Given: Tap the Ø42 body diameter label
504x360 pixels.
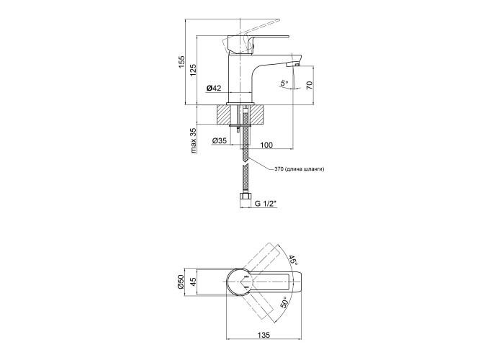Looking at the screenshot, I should [x=213, y=88].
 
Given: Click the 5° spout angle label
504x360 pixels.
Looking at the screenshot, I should [x=284, y=84].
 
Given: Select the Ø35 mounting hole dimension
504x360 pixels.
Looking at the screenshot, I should [x=220, y=141].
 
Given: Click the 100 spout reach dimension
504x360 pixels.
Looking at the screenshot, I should [x=266, y=145].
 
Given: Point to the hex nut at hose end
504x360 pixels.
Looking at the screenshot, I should [x=245, y=197].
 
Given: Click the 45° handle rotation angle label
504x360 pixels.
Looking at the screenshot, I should [x=292, y=260].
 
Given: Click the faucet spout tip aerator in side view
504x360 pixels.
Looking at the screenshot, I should [x=292, y=65].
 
